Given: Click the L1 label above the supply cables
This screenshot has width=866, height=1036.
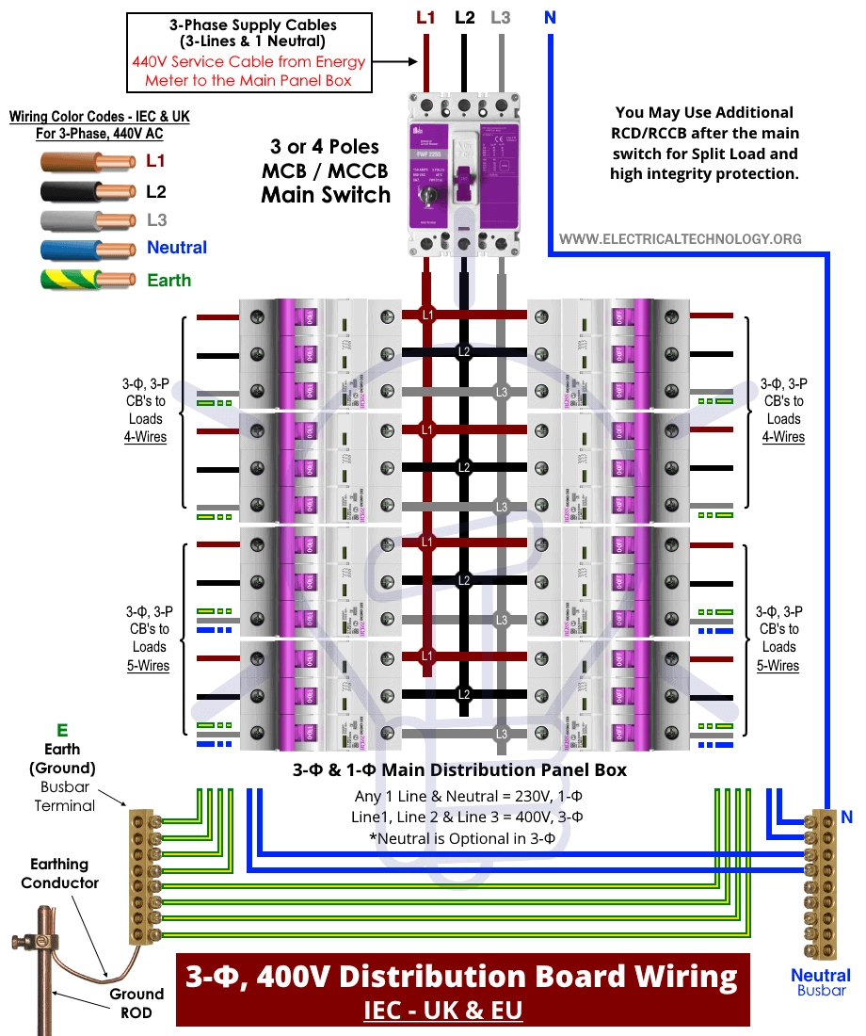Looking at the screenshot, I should click(x=425, y=17).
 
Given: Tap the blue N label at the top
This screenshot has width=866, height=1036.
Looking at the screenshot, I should click(x=549, y=17).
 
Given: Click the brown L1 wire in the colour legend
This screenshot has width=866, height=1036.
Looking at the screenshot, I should click(x=89, y=160).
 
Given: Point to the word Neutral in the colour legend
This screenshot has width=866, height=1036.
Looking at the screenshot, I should click(x=177, y=248).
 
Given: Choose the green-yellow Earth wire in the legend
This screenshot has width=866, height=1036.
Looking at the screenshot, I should click(x=89, y=280).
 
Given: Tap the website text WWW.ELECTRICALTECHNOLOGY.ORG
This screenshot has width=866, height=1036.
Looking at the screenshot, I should click(x=680, y=239).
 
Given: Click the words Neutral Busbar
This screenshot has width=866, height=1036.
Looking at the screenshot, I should click(x=821, y=982).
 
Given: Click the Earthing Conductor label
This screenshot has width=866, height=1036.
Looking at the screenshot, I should click(x=60, y=873).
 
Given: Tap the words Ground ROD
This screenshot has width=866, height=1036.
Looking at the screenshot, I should click(x=136, y=1003).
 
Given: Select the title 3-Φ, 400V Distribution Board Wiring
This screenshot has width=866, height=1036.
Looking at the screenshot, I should click(x=462, y=977).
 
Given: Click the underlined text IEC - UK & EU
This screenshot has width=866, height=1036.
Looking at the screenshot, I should click(x=442, y=1011).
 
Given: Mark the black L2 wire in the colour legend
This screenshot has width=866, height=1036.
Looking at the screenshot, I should click(x=89, y=192).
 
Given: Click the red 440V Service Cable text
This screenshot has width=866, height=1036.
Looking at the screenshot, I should click(x=249, y=72).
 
